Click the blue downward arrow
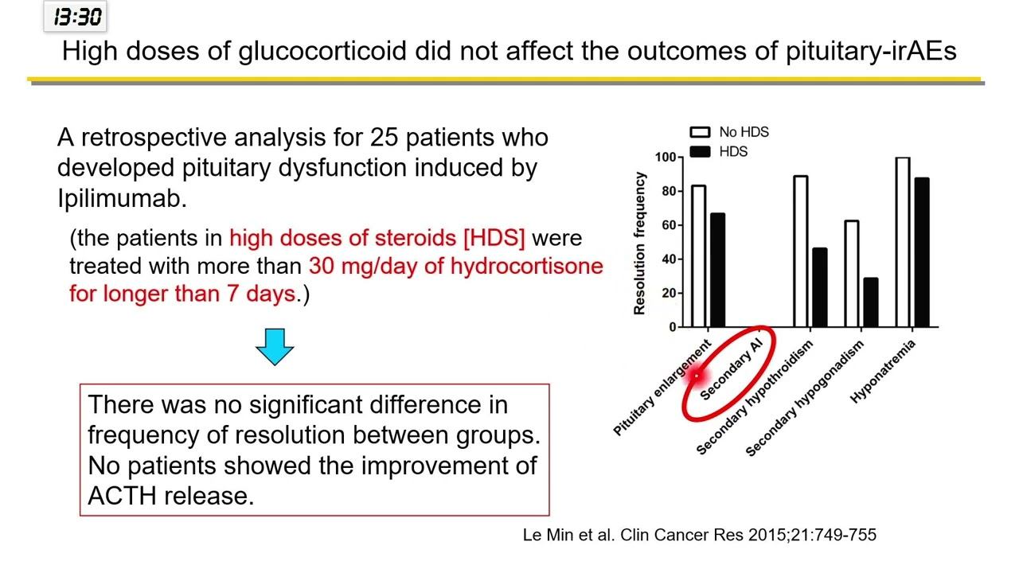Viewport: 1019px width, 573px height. point(275,345)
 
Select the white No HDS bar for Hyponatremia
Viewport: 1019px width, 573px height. point(903,242)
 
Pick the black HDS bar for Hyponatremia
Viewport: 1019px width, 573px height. point(922,252)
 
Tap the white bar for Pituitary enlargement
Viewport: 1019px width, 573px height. point(698,255)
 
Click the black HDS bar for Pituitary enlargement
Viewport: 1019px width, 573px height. point(717,270)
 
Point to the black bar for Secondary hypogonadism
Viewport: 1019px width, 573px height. point(870,302)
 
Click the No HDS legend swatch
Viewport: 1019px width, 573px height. point(700,132)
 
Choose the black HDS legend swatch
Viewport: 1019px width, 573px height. point(700,151)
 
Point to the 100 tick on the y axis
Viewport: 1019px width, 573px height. point(665,158)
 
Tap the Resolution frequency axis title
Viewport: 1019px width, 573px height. point(639,243)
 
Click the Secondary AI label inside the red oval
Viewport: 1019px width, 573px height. point(736,368)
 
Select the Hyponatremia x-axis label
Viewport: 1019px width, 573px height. point(884,371)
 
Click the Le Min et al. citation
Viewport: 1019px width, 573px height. point(699,535)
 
